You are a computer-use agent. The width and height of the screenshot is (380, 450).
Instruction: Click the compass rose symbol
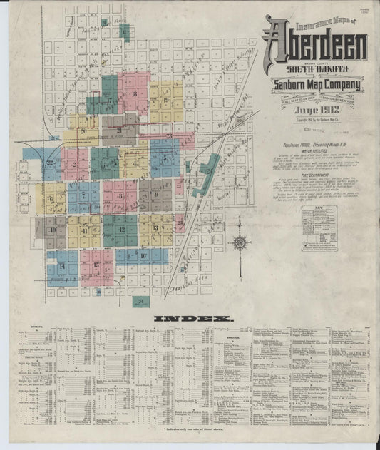pyautogui.click(x=240, y=242)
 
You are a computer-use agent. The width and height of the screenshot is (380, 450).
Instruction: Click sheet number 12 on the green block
pyautogui.click(x=121, y=230)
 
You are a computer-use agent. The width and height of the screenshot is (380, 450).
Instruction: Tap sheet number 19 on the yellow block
pyautogui.click(x=165, y=101)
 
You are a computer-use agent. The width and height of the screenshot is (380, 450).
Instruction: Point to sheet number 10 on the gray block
pyautogui.click(x=52, y=230)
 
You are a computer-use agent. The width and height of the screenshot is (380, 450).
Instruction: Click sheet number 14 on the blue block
pyautogui.click(x=62, y=266)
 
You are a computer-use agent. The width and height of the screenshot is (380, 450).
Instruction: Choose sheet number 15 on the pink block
pyautogui.click(x=96, y=265)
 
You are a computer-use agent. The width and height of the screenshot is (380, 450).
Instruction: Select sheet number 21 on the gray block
pyautogui.click(x=120, y=131)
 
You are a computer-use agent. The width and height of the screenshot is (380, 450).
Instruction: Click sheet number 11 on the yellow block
pyautogui.click(x=85, y=230)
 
